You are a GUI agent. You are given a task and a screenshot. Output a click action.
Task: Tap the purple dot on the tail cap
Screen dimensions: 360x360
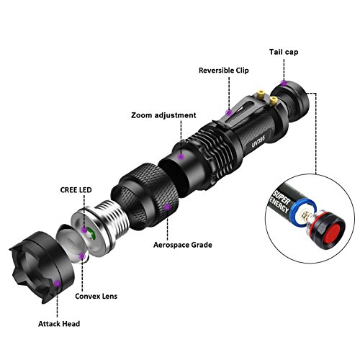[x=285, y=84]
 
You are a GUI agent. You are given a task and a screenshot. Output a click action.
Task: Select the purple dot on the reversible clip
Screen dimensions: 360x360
[x=229, y=112]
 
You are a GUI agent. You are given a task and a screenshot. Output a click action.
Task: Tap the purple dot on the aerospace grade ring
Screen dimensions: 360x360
[x=167, y=207]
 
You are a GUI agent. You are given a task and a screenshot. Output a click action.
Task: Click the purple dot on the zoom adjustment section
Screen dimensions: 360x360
[x=181, y=154]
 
